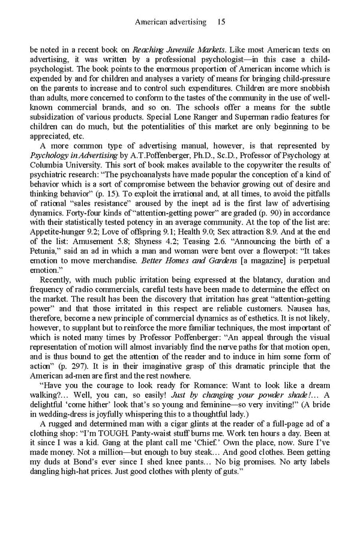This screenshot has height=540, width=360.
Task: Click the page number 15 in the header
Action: click(221, 22)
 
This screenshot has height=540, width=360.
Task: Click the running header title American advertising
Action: click(170, 22)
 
